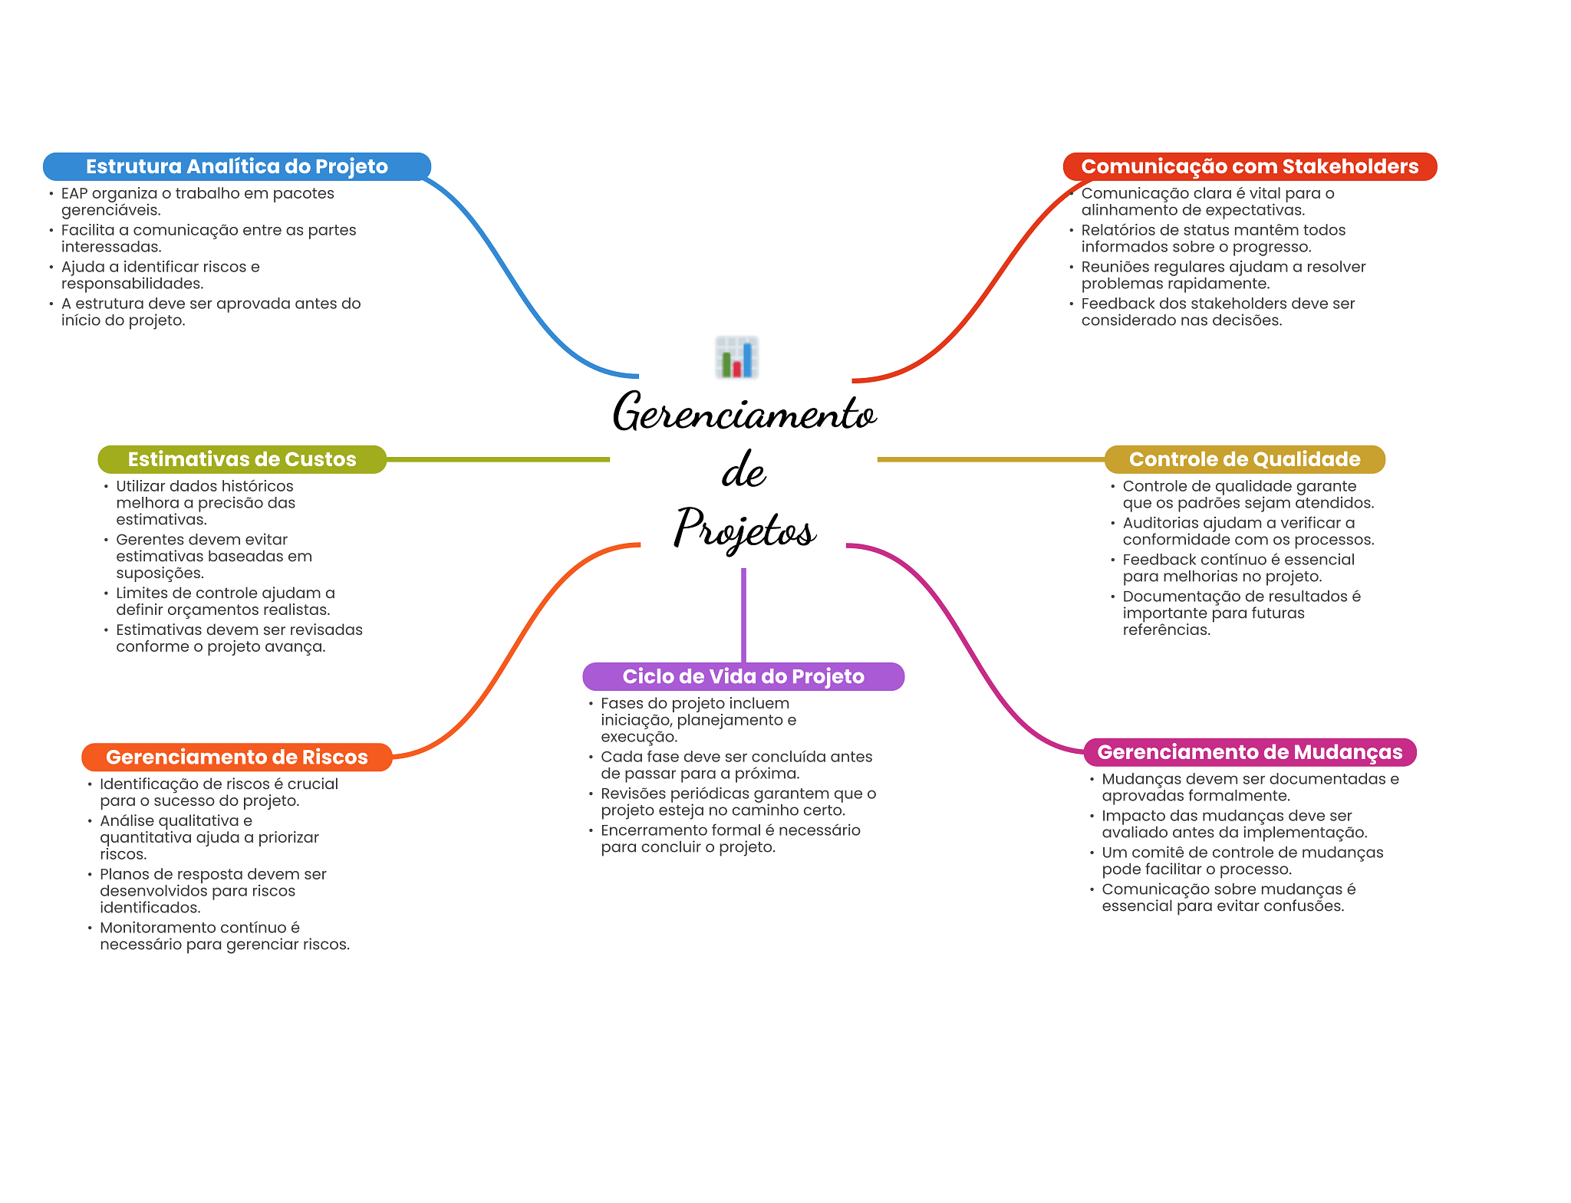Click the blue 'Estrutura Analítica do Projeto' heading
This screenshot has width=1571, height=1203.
click(236, 166)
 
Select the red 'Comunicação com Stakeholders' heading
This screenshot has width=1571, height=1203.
click(1249, 166)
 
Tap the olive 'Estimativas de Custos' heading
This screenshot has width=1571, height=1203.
click(242, 459)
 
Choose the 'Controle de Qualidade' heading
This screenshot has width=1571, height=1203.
click(1244, 459)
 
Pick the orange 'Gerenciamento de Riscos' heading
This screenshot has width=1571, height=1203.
click(236, 757)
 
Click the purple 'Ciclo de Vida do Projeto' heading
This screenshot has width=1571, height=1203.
click(743, 676)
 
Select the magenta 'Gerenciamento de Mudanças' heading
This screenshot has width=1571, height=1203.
click(1250, 752)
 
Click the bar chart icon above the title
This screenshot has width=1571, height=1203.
click(737, 357)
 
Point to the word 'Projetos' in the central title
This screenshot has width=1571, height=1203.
click(744, 528)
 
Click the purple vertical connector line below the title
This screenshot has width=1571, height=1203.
click(743, 613)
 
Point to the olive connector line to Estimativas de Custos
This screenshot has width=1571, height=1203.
click(499, 459)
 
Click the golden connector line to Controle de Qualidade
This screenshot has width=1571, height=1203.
click(990, 459)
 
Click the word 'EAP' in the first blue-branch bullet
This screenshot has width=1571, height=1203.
click(74, 193)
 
